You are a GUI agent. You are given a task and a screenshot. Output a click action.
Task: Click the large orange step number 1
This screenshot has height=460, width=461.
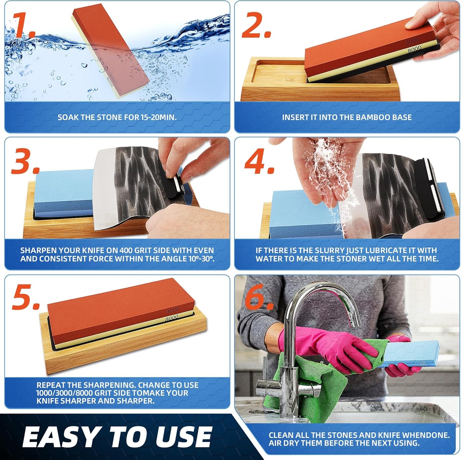[x=23, y=25]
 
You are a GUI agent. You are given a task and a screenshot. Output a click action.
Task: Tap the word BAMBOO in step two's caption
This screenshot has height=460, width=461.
[x=369, y=117]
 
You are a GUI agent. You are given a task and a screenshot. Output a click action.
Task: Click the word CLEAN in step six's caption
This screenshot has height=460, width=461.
[x=280, y=435]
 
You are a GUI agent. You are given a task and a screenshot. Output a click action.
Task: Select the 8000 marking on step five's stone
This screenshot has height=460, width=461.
[x=171, y=318]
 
